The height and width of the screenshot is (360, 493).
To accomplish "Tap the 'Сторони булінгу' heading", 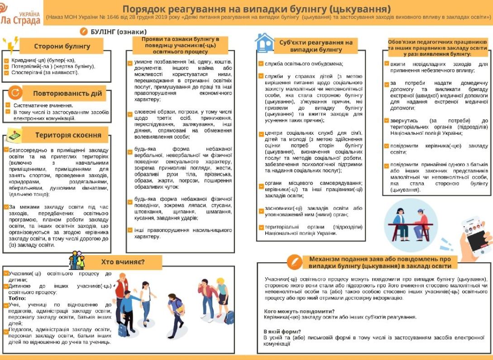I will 62,46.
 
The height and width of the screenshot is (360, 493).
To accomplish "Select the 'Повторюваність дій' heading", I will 67,94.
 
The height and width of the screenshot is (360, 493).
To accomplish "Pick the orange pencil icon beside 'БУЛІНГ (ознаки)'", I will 83,32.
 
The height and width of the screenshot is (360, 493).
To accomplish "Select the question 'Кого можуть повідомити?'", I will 299,311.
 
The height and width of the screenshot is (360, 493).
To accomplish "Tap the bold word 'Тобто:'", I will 17,298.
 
